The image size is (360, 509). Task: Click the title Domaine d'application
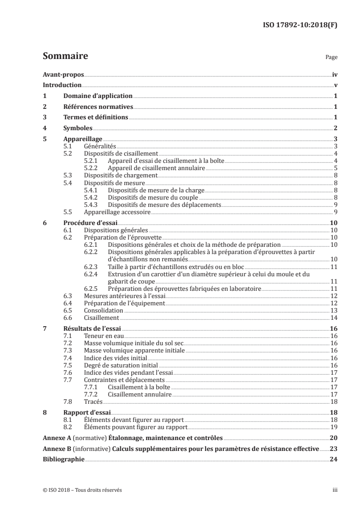pos(98,96)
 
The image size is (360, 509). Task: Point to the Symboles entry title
pos(78,128)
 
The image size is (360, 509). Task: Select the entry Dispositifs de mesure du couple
pos(153,197)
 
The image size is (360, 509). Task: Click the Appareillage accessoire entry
pos(117,212)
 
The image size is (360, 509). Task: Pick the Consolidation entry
pos(104,310)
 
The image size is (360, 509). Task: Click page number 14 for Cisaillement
pos(333,318)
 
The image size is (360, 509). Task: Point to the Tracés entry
pos(94,401)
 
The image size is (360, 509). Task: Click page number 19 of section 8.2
pos(333,427)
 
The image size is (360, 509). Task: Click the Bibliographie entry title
pos(64,459)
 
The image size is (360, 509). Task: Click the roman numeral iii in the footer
pos(335,490)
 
